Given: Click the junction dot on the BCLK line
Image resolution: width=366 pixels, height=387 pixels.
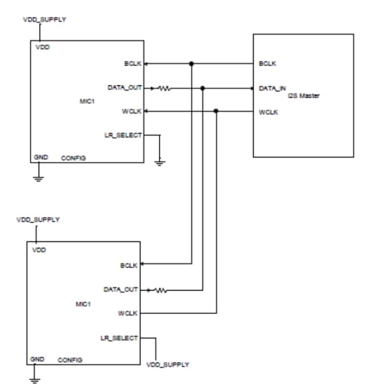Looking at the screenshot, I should pos(191,64).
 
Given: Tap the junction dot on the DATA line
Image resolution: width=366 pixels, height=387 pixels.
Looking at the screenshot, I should pos(202,89).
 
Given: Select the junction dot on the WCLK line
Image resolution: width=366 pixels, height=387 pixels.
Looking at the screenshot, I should pos(216,111).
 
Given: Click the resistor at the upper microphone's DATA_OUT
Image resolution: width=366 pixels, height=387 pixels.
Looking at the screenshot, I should pos(164,89).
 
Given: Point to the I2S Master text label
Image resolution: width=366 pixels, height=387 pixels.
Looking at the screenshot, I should pos(303,96).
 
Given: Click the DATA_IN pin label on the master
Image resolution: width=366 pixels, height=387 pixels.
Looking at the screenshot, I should pos(273,89).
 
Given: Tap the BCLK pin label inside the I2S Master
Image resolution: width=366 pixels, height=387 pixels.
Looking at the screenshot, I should pos(267,64).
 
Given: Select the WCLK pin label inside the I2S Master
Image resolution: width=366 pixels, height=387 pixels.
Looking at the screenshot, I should pos(268,112).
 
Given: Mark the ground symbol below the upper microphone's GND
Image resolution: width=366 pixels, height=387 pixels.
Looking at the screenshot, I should pos(38,178).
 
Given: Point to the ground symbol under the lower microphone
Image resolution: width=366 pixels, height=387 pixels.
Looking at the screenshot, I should pos(34,380).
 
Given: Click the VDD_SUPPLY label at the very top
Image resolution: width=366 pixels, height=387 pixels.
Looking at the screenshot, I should pos(44,19).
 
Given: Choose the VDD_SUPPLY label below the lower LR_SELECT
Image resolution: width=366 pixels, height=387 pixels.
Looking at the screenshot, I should pos(168,365).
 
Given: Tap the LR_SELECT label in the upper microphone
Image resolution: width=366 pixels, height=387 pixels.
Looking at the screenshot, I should pos(123,135).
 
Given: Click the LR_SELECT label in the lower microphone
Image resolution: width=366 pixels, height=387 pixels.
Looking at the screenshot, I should pos(119,338).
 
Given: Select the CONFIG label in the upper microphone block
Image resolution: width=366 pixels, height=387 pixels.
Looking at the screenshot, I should pos(74,158).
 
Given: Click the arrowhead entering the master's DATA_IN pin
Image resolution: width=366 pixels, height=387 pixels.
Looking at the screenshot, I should pos(252,89).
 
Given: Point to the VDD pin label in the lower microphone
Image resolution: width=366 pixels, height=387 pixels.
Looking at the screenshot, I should pos(38,250).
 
